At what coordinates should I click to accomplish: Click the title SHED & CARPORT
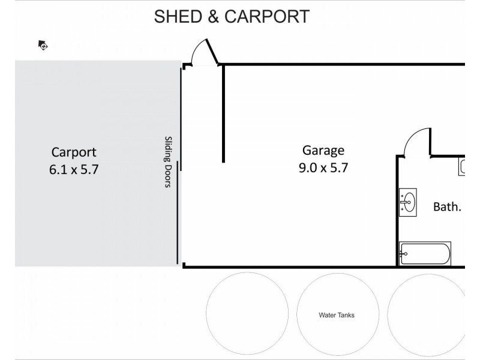pyautogui.click(x=232, y=16)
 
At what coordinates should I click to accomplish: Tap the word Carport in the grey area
pyautogui.click(x=73, y=152)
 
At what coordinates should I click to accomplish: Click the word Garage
pyautogui.click(x=323, y=151)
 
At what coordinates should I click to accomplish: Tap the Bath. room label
pyautogui.click(x=447, y=207)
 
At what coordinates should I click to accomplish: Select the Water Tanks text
pyautogui.click(x=337, y=314)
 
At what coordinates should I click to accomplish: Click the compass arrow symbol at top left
pyautogui.click(x=43, y=44)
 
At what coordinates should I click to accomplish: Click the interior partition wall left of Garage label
pyautogui.click(x=223, y=114)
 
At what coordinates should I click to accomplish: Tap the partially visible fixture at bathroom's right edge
pyautogui.click(x=463, y=166)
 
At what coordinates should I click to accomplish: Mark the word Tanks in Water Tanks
pyautogui.click(x=346, y=314)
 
